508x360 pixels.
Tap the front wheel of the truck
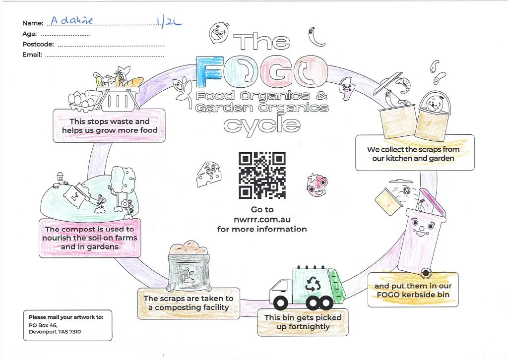coord(281,302)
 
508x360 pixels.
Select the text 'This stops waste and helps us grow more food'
coord(109,126)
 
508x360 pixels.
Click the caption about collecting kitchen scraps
coord(413,154)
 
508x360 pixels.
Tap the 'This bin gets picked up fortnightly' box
coord(303,322)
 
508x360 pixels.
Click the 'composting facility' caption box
coord(189,303)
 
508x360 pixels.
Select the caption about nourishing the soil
coord(90,238)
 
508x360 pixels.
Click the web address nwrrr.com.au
coord(262,219)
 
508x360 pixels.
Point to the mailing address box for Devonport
coord(67,325)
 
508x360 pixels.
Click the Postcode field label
coord(38,45)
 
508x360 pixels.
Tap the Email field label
coord(32,55)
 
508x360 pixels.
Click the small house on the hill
coord(61,176)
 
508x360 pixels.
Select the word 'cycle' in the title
coord(261,124)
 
